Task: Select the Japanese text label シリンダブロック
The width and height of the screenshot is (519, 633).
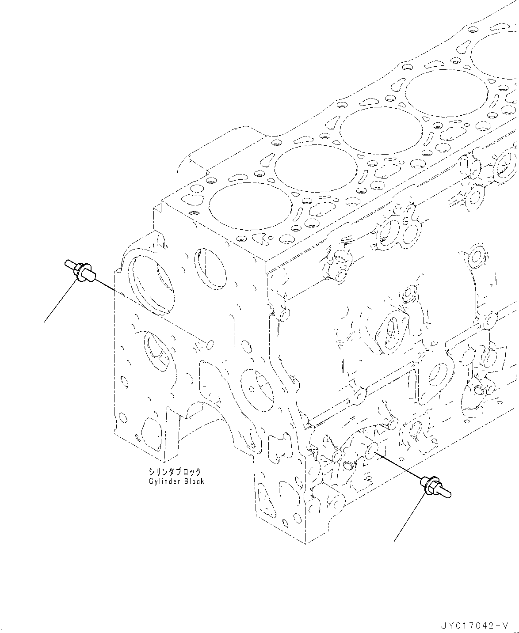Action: pyautogui.click(x=175, y=472)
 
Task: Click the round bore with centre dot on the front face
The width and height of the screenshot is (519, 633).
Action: pyautogui.click(x=253, y=388)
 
